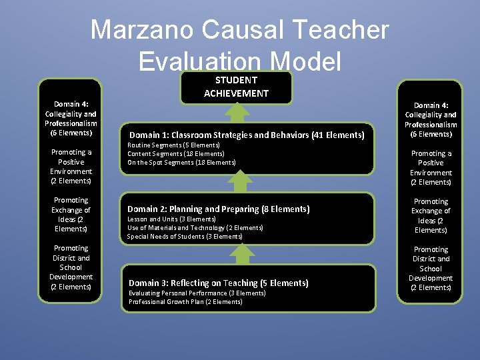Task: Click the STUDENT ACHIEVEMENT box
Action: [x=236, y=87]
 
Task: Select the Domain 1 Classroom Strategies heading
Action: [x=247, y=135]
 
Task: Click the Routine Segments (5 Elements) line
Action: [x=173, y=145]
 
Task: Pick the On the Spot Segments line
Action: [x=181, y=163]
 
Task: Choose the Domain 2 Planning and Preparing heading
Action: [x=219, y=209]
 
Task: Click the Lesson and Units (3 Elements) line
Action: [x=171, y=219]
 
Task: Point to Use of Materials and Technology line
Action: [x=195, y=228]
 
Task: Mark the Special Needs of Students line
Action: [x=185, y=237]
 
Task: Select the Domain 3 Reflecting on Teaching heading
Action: [x=219, y=283]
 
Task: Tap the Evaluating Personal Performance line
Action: [x=197, y=293]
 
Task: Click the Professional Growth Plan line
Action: [x=185, y=302]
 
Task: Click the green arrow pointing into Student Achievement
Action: [x=236, y=113]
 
